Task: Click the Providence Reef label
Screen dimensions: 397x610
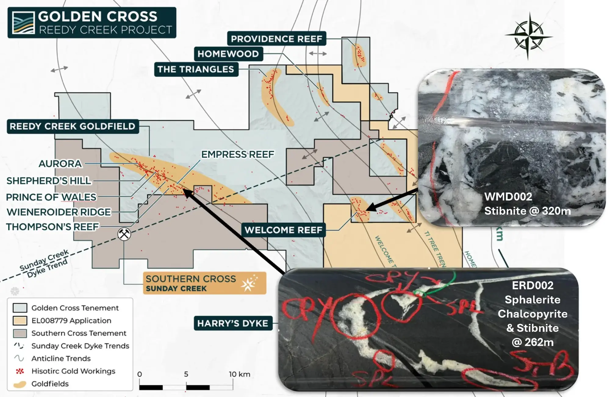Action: pos(276,39)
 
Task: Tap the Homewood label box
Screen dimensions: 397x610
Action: pos(228,54)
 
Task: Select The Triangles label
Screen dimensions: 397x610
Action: pos(196,70)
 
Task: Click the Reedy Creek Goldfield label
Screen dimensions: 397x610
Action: pos(72,126)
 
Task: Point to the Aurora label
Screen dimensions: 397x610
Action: pos(60,164)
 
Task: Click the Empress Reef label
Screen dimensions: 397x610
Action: pos(238,154)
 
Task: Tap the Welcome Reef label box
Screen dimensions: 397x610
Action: pos(283,230)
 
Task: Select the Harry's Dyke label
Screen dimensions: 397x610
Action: pos(233,323)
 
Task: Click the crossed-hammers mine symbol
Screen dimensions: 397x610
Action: pos(124,234)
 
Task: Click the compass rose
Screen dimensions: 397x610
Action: pos(528,36)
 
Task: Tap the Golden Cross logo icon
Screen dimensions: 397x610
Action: pos(23,23)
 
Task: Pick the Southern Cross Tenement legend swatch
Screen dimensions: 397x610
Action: pos(20,333)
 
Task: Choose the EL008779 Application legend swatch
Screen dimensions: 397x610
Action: pos(20,320)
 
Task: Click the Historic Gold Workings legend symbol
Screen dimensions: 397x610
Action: pos(20,371)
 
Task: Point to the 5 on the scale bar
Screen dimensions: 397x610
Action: pos(186,374)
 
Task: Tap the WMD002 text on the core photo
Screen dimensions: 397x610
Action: pos(508,197)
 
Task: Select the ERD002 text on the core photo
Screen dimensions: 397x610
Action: pos(533,285)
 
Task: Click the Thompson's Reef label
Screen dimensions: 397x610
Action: pos(52,227)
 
